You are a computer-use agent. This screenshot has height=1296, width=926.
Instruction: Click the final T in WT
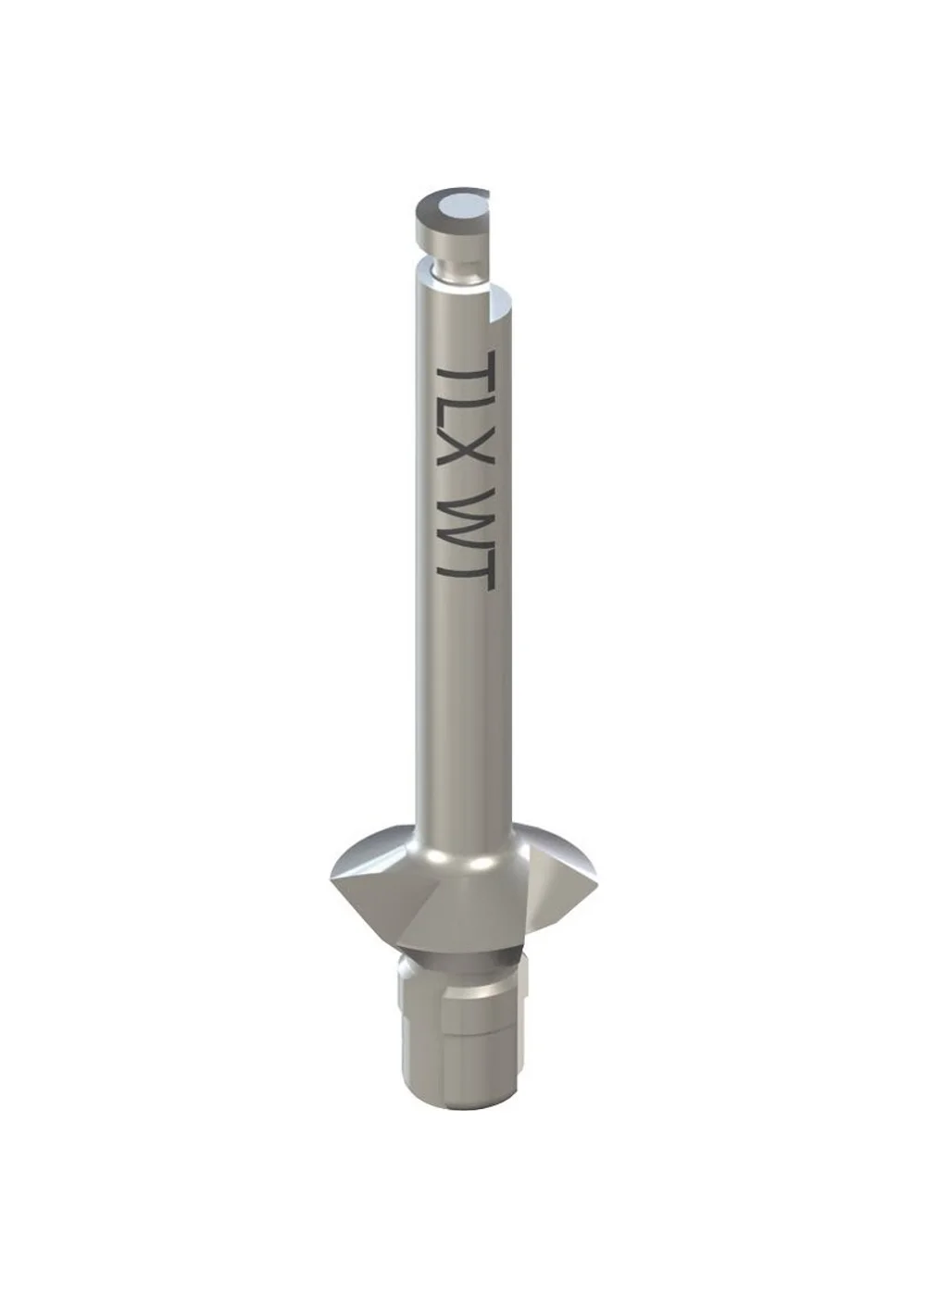[467, 566]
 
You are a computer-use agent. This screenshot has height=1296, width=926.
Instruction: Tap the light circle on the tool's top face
[461, 205]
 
